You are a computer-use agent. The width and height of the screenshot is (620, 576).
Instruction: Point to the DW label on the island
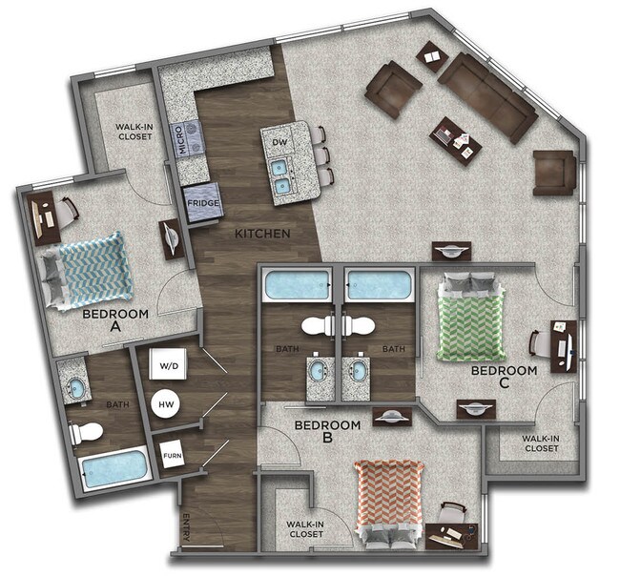[279, 142]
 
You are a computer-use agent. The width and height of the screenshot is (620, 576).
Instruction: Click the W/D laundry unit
[168, 365]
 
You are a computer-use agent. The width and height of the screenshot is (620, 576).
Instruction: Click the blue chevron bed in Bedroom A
[84, 269]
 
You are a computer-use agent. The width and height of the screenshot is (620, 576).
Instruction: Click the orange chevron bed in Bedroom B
[388, 497]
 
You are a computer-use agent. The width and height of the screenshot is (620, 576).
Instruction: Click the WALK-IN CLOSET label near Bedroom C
[541, 443]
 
